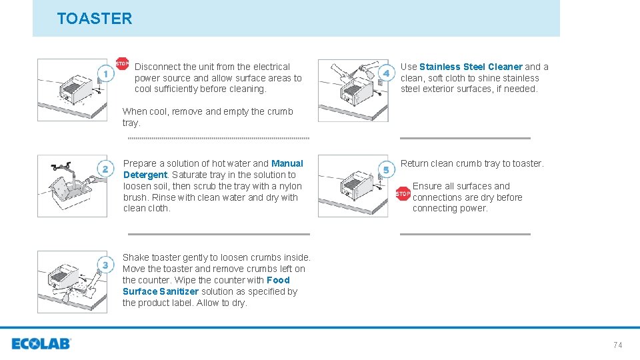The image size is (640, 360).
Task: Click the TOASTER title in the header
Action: (95, 19)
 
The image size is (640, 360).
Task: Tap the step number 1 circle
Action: (105, 73)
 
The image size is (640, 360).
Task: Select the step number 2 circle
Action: (105, 169)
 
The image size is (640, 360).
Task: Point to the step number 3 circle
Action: (105, 265)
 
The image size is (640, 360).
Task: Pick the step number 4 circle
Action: (386, 73)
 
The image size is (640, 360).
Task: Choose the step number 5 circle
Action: (386, 170)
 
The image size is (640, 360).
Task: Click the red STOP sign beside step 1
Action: (123, 64)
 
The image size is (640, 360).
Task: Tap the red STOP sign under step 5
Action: (403, 194)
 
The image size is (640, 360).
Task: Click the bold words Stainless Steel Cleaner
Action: (471, 67)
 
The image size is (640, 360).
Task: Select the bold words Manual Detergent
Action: (287, 163)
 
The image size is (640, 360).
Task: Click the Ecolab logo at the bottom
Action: (41, 344)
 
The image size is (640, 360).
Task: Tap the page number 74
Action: (617, 345)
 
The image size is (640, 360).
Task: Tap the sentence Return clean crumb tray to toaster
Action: (472, 163)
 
